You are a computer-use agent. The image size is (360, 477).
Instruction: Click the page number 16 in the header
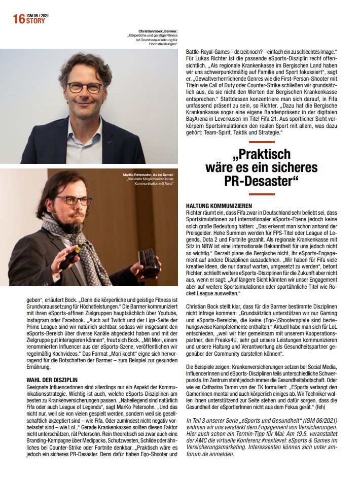19,20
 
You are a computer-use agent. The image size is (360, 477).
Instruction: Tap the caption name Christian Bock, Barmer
158,31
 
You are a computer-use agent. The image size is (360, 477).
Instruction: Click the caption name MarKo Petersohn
137,175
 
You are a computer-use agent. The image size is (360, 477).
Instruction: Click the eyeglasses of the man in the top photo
85,87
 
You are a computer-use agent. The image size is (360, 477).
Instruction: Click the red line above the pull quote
262,142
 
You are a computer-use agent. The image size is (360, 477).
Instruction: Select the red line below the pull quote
262,193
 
